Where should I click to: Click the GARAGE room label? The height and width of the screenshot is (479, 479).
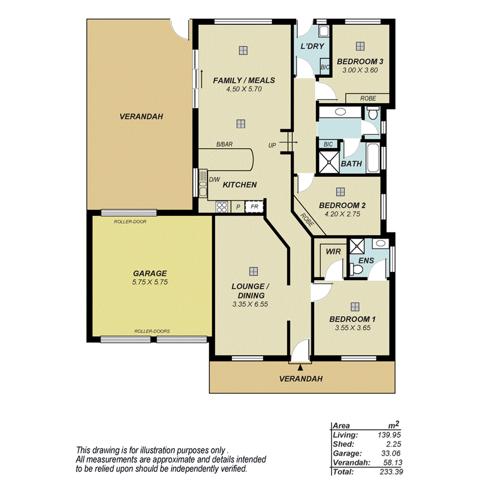tap(150, 273)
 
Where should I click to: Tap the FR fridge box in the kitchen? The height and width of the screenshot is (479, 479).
tap(254, 207)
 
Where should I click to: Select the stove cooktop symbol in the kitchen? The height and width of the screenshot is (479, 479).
tap(222, 207)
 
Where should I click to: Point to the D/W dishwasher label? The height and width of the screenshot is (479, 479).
tap(214, 179)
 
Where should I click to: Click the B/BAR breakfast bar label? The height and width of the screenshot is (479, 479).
tap(225, 145)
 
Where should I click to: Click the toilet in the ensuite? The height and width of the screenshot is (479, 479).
tap(354, 268)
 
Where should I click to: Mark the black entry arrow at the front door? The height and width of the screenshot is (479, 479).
tap(300, 367)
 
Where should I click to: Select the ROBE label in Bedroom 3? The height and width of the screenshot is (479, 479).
tap(367, 98)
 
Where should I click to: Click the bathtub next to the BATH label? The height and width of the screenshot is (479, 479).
tap(374, 157)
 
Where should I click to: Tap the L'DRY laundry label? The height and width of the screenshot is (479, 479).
tap(312, 47)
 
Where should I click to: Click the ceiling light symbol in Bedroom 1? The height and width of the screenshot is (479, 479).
tap(354, 307)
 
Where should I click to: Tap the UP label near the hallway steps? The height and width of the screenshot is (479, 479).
tap(272, 145)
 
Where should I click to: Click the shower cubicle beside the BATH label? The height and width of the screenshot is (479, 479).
tap(327, 161)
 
